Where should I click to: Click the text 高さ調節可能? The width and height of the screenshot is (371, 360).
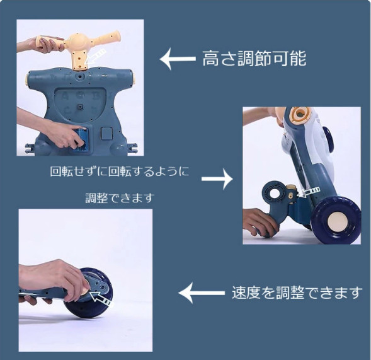254,58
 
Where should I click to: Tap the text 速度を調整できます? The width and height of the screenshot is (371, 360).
297,293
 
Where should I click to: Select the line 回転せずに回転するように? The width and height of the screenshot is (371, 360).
120,171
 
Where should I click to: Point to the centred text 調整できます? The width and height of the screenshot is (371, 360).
120,198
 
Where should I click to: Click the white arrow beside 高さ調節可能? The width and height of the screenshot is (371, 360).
178,59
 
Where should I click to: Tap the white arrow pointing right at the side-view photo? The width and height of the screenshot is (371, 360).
217,179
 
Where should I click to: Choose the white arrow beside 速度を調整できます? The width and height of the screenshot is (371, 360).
202,293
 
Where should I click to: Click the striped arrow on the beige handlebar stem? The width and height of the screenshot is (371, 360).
94,57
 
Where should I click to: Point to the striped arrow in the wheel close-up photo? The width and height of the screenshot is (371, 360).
101,299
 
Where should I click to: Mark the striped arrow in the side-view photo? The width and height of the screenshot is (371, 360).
309,192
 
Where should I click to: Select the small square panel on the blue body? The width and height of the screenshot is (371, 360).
107,134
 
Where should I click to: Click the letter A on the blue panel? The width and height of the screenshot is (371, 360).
64,96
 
